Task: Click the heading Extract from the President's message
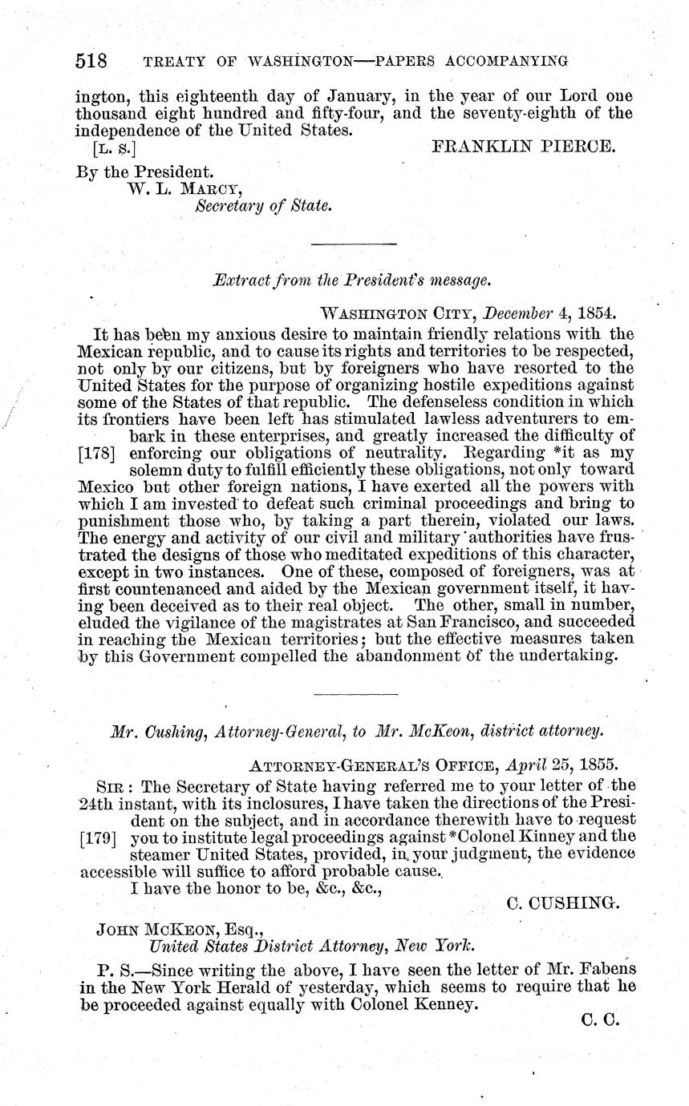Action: pyautogui.click(x=351, y=281)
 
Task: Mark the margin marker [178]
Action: pyautogui.click(x=97, y=453)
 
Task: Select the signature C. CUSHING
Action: pyautogui.click(x=564, y=903)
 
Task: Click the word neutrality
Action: pyautogui.click(x=394, y=453)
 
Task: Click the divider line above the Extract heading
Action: pyautogui.click(x=353, y=243)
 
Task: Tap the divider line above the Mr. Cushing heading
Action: pyautogui.click(x=355, y=693)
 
